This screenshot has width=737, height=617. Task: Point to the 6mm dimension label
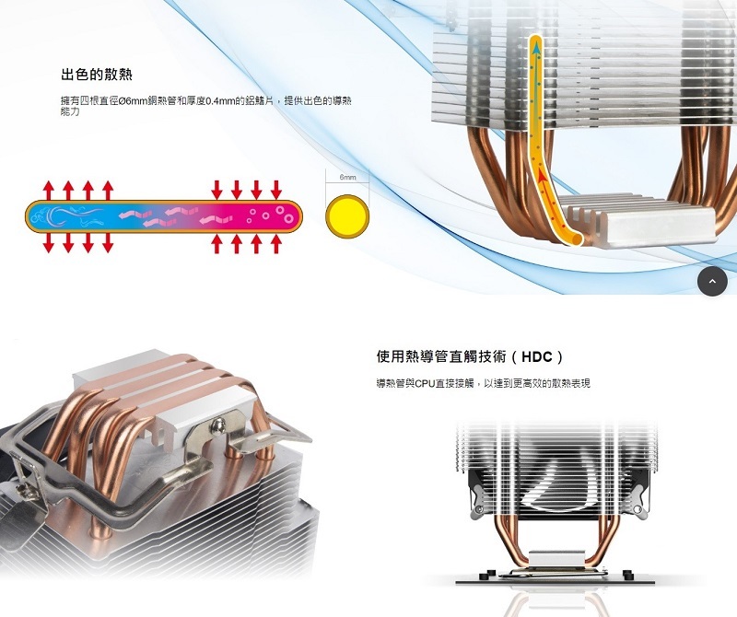[347, 176]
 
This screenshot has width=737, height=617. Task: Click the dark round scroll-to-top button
[713, 281]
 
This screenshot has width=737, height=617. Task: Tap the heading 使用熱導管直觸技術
[443, 356]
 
